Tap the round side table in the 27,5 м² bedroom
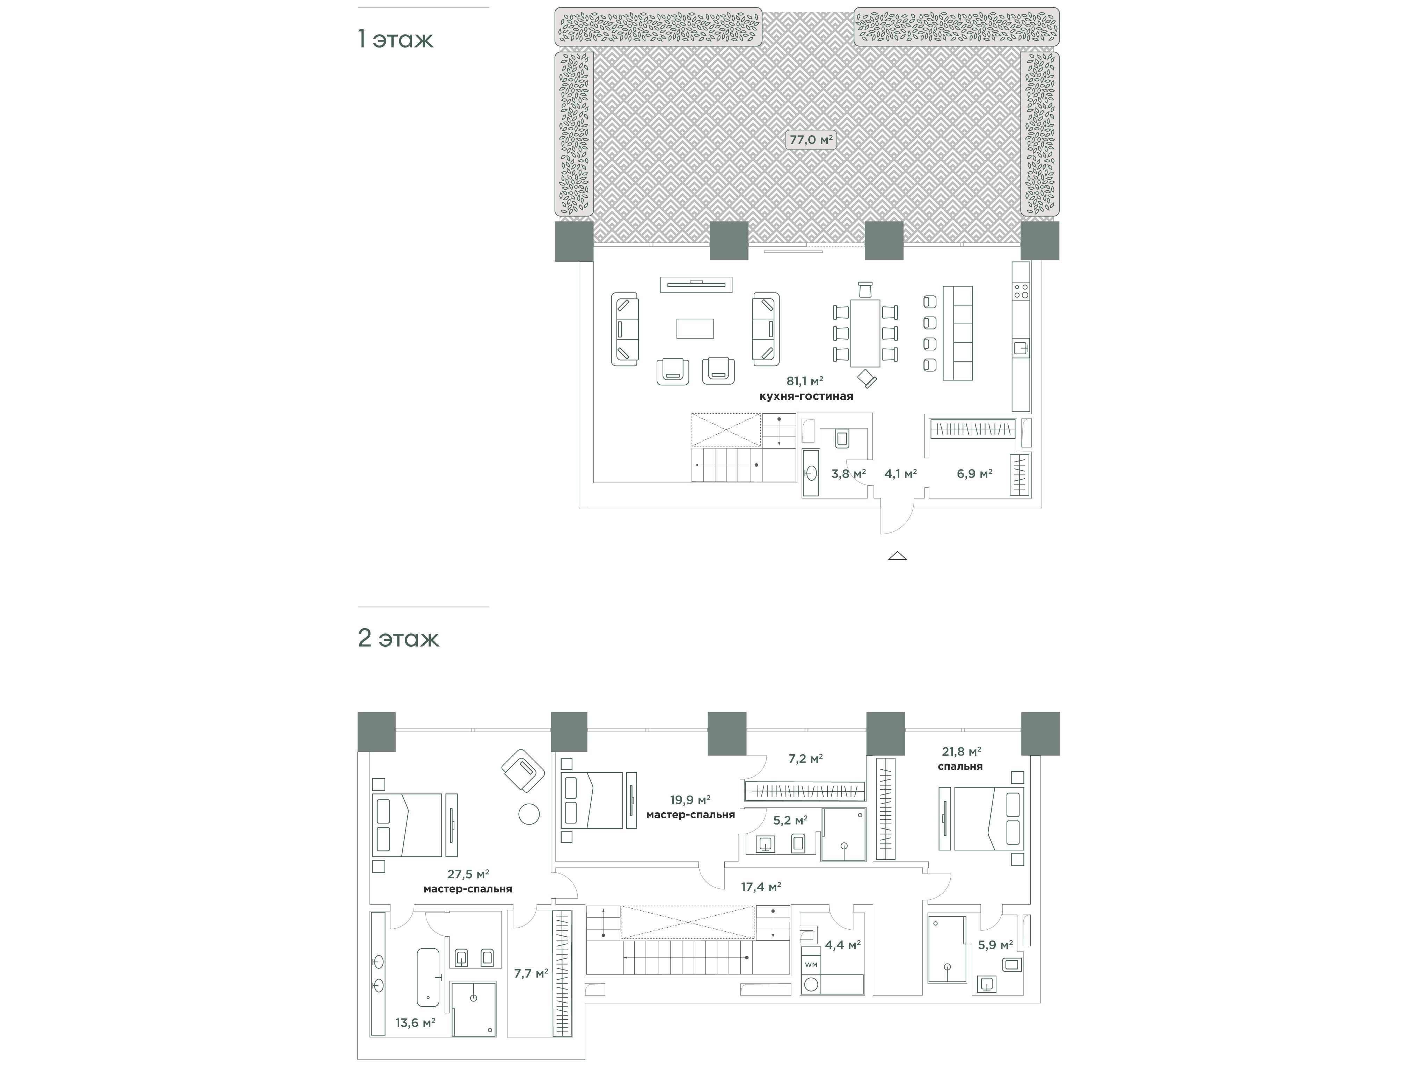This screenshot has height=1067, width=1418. pyautogui.click(x=529, y=814)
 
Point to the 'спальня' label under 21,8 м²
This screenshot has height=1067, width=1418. pyautogui.click(x=960, y=766)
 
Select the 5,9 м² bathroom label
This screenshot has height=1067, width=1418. pyautogui.click(x=995, y=944)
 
